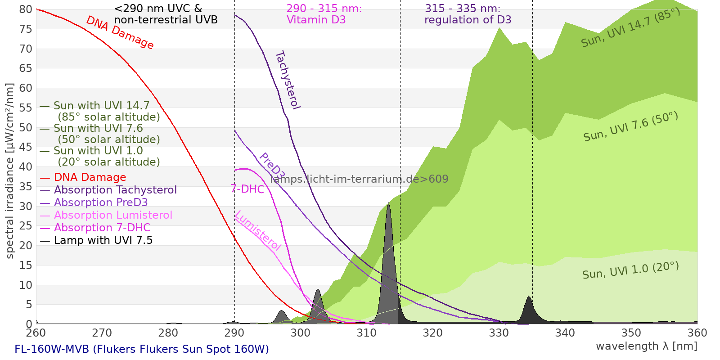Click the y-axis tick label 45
[x=26, y=147]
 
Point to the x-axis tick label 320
[x=432, y=333]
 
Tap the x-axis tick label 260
[x=36, y=333]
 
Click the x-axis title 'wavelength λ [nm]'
[x=647, y=346]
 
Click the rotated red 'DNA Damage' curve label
[x=120, y=32]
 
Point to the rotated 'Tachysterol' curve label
[x=288, y=80]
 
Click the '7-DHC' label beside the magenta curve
[x=247, y=189]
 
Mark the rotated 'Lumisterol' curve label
[x=258, y=231]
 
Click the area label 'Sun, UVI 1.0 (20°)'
[x=630, y=270]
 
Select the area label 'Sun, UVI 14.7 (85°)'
[x=630, y=27]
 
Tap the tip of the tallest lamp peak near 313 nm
[x=389, y=203]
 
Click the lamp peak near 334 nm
[x=529, y=297]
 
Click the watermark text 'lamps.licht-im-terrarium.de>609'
[x=359, y=179]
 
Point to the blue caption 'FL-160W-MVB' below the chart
[x=52, y=349]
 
